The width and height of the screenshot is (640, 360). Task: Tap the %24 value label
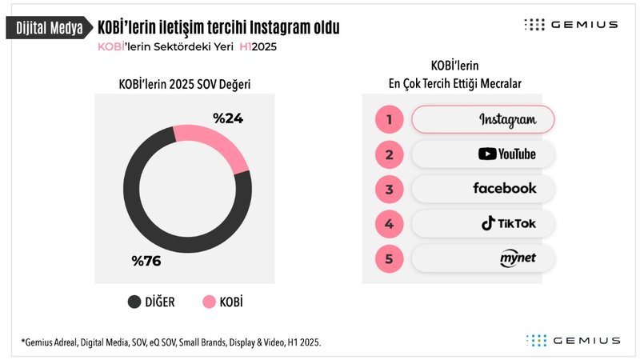pos(227,118)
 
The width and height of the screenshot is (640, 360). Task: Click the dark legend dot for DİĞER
pos(134,302)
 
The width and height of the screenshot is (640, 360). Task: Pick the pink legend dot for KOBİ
pos(209,302)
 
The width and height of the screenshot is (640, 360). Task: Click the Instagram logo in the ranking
pos(507,119)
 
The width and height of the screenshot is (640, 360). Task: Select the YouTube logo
pos(506,154)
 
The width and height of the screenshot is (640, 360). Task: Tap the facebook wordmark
pos(505,189)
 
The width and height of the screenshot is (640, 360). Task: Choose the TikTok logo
pos(508,224)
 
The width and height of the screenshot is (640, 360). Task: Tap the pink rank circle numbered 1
pos(389,120)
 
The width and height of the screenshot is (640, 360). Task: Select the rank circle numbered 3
pos(389,190)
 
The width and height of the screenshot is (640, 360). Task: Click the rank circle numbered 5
pos(389,259)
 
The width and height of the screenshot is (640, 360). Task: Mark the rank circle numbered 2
pos(389,154)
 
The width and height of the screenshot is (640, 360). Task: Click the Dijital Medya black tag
pos(48,29)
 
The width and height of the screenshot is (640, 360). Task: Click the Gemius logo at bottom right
pos(573,340)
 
